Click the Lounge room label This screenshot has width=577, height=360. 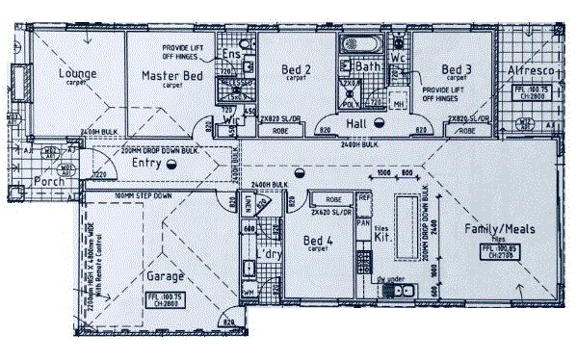pyautogui.click(x=76, y=73)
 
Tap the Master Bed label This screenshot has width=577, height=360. pyautogui.click(x=172, y=75)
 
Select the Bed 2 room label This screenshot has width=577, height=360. pyautogui.click(x=295, y=69)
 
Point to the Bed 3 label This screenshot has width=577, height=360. pyautogui.click(x=457, y=69)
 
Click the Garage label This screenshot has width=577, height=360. pyautogui.click(x=165, y=275)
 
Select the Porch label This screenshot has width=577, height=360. pyautogui.click(x=49, y=181)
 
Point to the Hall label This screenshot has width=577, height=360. pyautogui.click(x=359, y=124)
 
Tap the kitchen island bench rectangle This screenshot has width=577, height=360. pyautogui.click(x=406, y=222)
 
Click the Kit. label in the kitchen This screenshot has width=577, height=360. pyautogui.click(x=380, y=235)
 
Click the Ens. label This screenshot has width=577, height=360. pyautogui.click(x=231, y=55)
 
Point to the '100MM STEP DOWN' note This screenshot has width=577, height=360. pyautogui.click(x=144, y=195)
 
